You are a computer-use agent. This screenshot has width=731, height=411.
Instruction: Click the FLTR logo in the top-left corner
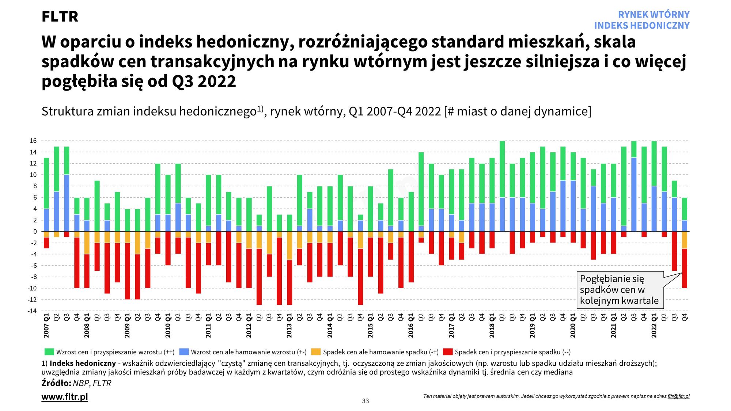pyautogui.click(x=60, y=16)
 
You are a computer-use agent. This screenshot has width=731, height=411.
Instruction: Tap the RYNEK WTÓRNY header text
pyautogui.click(x=654, y=15)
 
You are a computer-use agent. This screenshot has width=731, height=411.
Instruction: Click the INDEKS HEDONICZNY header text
pyautogui.click(x=641, y=26)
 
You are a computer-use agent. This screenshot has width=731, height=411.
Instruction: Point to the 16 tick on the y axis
pyautogui.click(x=33, y=141)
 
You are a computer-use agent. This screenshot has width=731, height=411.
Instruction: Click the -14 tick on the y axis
pyautogui.click(x=33, y=311)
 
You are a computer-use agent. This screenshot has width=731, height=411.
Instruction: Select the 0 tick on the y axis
pyautogui.click(x=35, y=232)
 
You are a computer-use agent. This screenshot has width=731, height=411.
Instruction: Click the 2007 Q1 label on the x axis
pyautogui.click(x=46, y=325)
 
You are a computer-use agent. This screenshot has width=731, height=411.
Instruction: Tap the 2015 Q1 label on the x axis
pyautogui.click(x=371, y=325)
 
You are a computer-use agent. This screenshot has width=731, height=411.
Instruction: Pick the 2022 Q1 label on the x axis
pyautogui.click(x=654, y=325)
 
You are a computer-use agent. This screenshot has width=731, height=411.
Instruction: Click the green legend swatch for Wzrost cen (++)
pyautogui.click(x=49, y=352)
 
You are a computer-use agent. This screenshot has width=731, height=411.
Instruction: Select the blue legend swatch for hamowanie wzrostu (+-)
pyautogui.click(x=184, y=352)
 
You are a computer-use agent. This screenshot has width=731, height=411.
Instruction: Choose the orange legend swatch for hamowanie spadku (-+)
pyautogui.click(x=316, y=352)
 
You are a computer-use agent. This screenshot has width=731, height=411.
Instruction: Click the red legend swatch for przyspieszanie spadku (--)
pyautogui.click(x=448, y=352)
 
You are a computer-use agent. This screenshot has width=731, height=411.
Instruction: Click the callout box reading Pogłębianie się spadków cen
pyautogui.click(x=620, y=290)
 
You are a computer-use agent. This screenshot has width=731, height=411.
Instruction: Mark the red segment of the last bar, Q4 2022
pyautogui.click(x=685, y=269)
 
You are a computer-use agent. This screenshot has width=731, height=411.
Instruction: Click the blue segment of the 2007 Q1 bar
pyautogui.click(x=46, y=220)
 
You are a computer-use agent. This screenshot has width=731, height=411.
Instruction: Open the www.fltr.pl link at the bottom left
pyautogui.click(x=65, y=397)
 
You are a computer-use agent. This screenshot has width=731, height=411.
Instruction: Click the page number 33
pyautogui.click(x=365, y=401)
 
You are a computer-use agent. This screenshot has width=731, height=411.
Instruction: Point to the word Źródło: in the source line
pyautogui.click(x=56, y=383)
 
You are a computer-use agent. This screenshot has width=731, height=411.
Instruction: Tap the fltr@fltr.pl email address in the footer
pyautogui.click(x=678, y=396)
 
